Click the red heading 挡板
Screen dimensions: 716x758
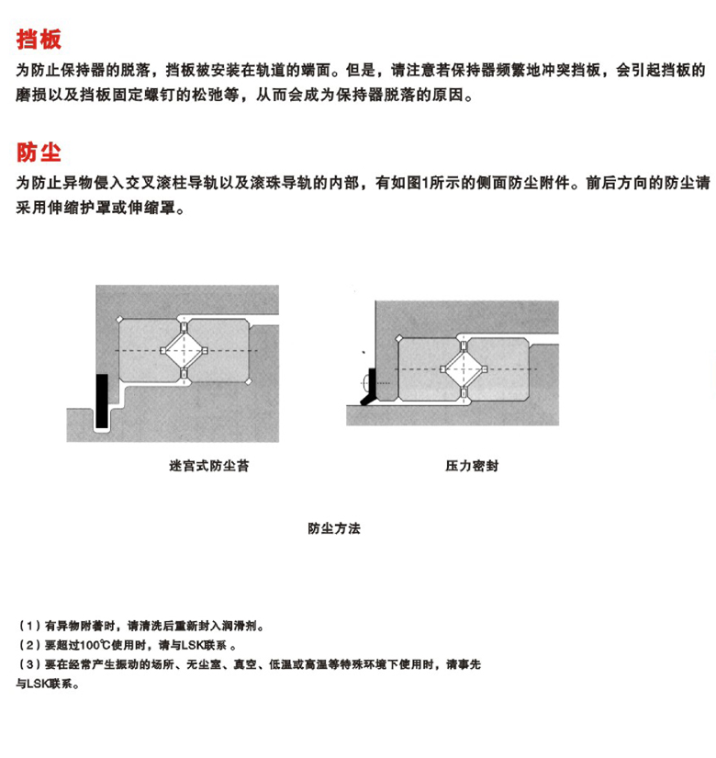39,40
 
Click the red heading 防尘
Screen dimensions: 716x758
39,152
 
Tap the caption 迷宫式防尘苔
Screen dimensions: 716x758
208,466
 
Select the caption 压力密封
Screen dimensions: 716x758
472,466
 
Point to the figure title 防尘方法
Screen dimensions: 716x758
334,528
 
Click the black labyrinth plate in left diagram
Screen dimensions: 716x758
102,401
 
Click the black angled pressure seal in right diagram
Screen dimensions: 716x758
370,387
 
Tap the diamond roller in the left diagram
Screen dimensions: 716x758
184,350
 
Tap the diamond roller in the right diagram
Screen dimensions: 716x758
464,369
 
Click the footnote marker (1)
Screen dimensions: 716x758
29,626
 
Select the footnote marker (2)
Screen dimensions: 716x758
29,645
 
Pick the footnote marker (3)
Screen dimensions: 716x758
29,664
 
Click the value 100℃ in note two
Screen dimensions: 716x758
95,645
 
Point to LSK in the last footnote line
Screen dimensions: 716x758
39,684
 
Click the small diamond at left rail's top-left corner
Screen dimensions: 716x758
120,319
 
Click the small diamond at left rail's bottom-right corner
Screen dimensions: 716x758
249,381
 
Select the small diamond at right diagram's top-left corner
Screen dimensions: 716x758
399,338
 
